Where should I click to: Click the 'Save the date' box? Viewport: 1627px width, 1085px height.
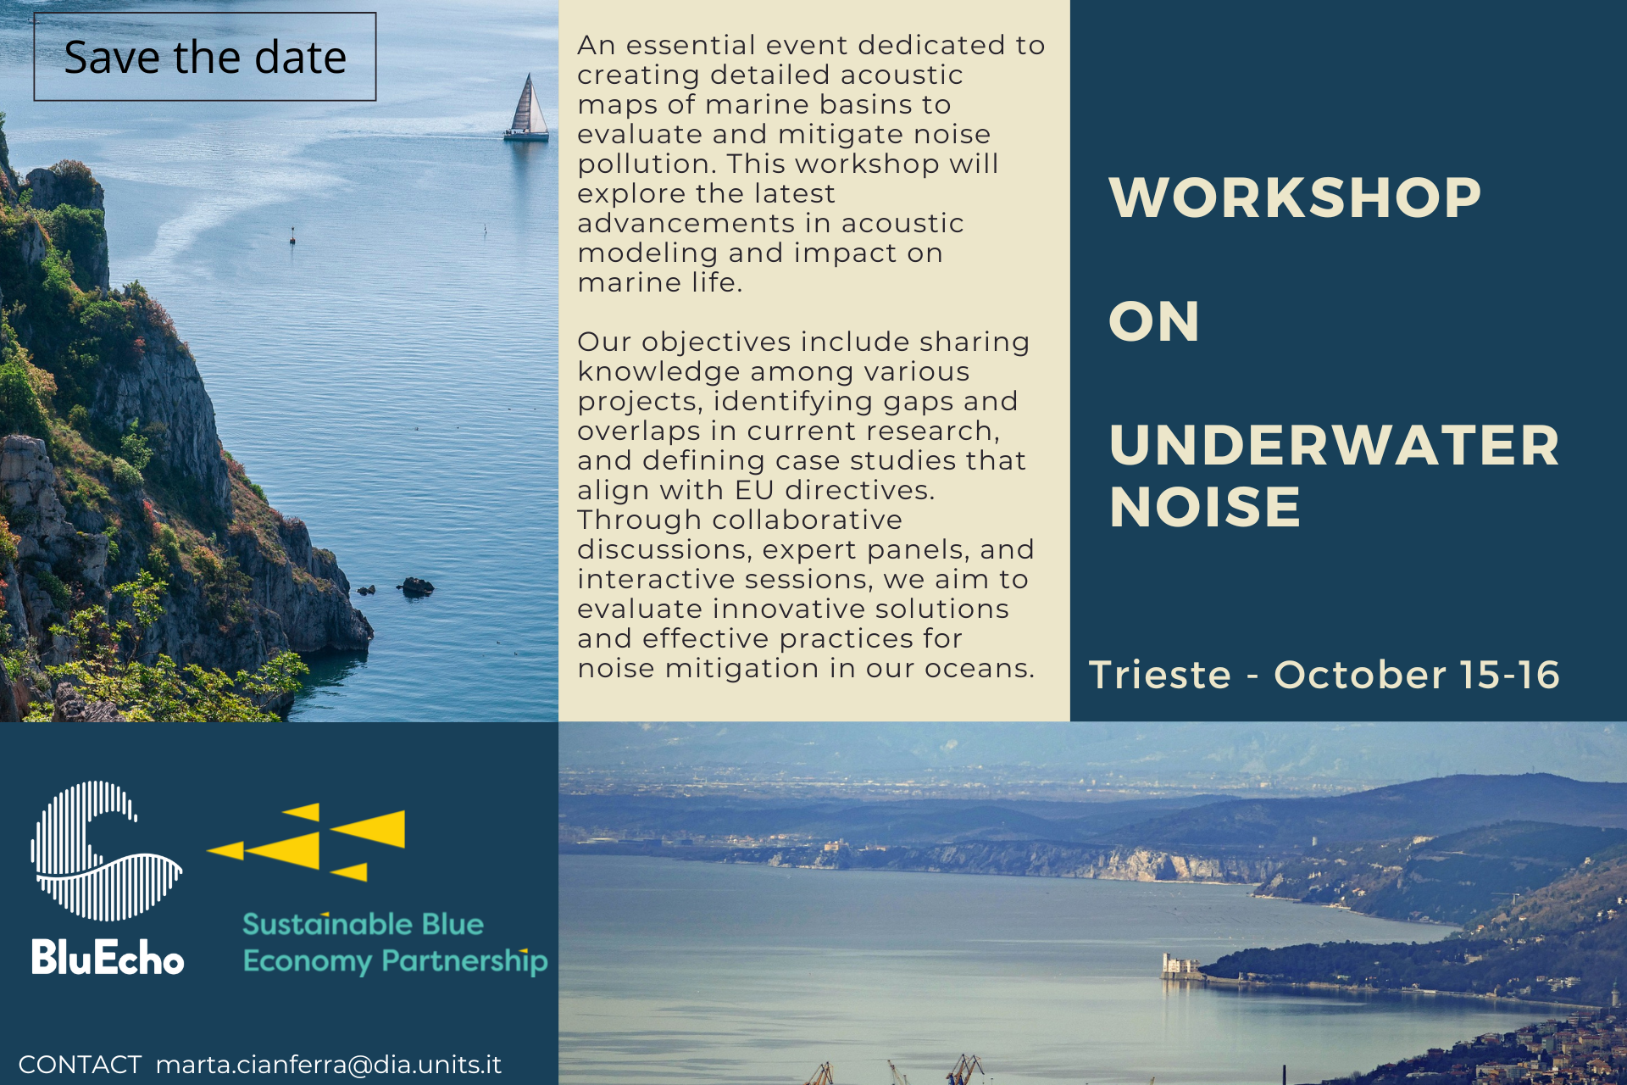pyautogui.click(x=205, y=57)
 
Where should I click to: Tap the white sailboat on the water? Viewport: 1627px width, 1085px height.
pyautogui.click(x=527, y=108)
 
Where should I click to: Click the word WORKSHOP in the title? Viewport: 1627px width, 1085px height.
pyautogui.click(x=1295, y=198)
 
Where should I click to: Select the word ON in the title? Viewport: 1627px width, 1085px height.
pyautogui.click(x=1154, y=322)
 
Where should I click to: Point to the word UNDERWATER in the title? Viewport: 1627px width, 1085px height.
pyautogui.click(x=1334, y=445)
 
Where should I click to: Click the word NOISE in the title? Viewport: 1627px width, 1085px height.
pyautogui.click(x=1204, y=507)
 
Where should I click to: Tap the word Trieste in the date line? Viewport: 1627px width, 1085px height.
pyautogui.click(x=1159, y=675)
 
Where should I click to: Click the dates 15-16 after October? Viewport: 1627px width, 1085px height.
pyautogui.click(x=1509, y=675)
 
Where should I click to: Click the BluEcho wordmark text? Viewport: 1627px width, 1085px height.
pyautogui.click(x=108, y=957)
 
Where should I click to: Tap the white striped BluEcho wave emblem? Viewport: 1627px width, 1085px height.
pyautogui.click(x=106, y=850)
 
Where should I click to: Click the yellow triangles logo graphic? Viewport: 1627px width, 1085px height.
pyautogui.click(x=307, y=842)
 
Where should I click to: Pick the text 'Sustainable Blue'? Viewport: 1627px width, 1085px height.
pyautogui.click(x=363, y=924)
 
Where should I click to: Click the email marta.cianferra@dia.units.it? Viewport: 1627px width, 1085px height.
pyautogui.click(x=329, y=1065)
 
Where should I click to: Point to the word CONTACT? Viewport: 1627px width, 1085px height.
pyautogui.click(x=80, y=1065)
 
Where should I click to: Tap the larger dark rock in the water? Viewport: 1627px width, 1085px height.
pyautogui.click(x=417, y=585)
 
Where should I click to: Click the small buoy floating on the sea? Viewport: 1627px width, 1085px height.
pyautogui.click(x=292, y=236)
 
